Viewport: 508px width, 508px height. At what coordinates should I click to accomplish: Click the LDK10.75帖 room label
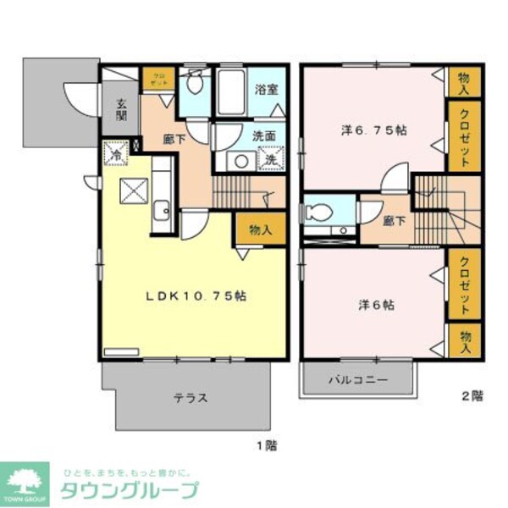(196, 296)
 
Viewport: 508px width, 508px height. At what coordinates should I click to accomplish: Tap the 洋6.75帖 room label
(373, 130)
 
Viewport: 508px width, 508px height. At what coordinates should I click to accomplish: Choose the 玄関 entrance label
(122, 112)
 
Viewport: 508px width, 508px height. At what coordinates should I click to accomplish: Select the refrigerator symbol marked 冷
(115, 153)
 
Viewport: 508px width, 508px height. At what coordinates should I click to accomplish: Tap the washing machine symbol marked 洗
(270, 158)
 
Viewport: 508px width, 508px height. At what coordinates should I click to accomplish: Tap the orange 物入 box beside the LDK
(259, 228)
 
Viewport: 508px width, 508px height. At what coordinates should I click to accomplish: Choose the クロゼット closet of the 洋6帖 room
(464, 284)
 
